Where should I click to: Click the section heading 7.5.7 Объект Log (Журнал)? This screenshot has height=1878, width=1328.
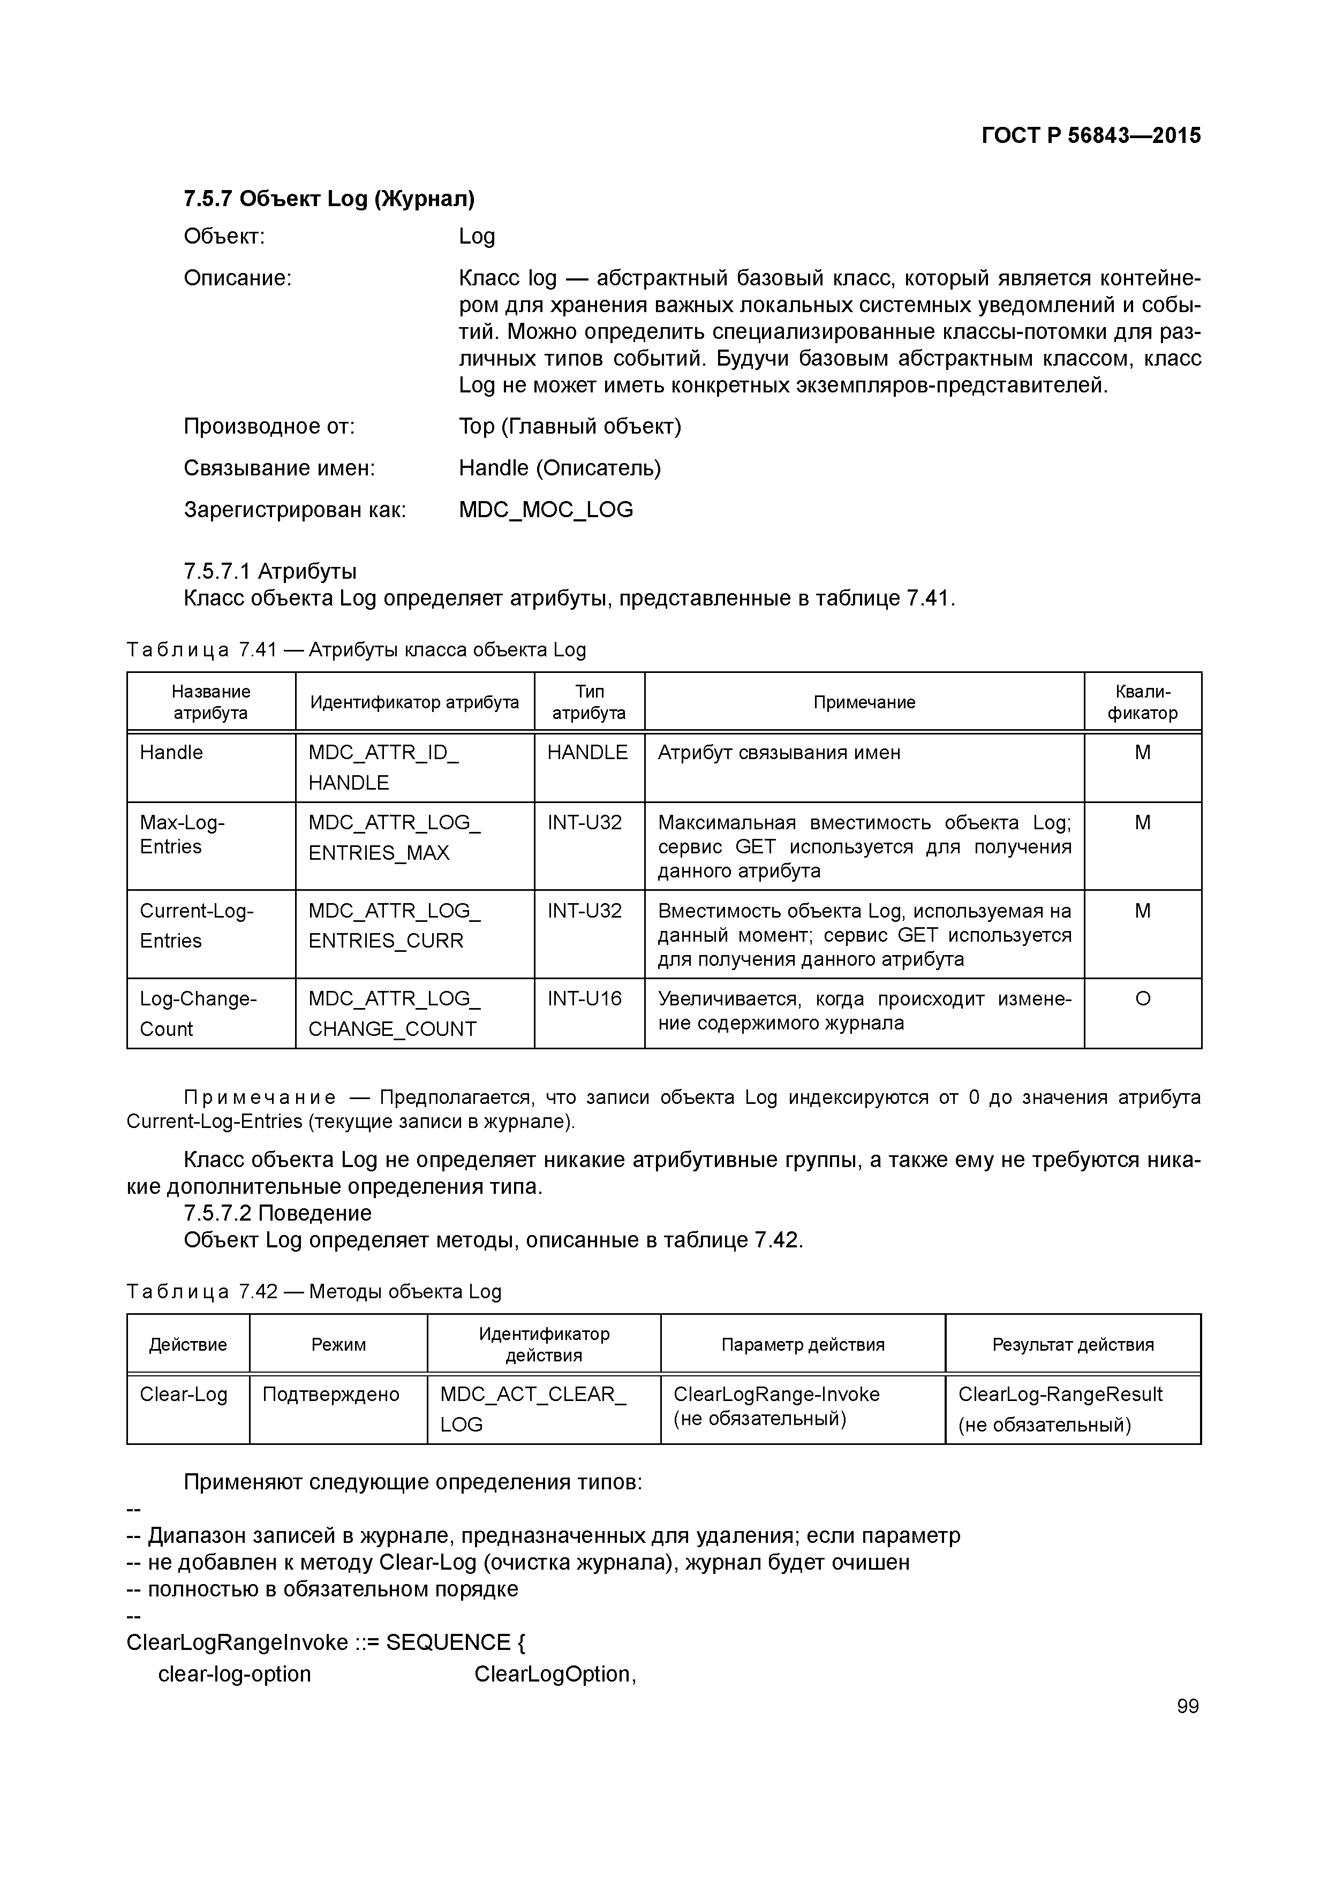[x=329, y=199]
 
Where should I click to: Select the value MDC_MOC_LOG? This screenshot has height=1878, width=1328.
[x=546, y=510]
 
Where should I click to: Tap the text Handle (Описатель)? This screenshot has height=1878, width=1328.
[x=560, y=468]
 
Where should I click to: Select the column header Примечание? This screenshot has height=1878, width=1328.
[x=864, y=702]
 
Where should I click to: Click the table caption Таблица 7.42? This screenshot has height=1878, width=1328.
[x=313, y=1292]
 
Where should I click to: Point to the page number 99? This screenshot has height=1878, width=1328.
[x=1187, y=1706]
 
